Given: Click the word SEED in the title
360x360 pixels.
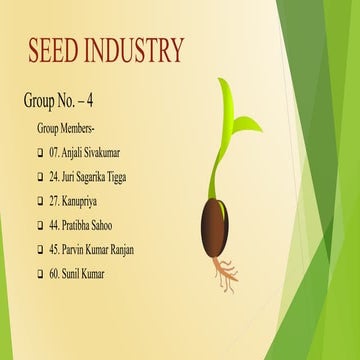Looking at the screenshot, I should pyautogui.click(x=56, y=50).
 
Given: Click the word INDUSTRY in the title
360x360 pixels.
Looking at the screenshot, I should pyautogui.click(x=136, y=50).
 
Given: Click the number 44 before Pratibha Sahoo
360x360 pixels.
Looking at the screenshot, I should pyautogui.click(x=54, y=225).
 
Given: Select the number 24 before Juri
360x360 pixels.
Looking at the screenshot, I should pyautogui.click(x=54, y=177).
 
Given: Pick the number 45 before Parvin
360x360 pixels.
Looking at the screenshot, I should pyautogui.click(x=54, y=249).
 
